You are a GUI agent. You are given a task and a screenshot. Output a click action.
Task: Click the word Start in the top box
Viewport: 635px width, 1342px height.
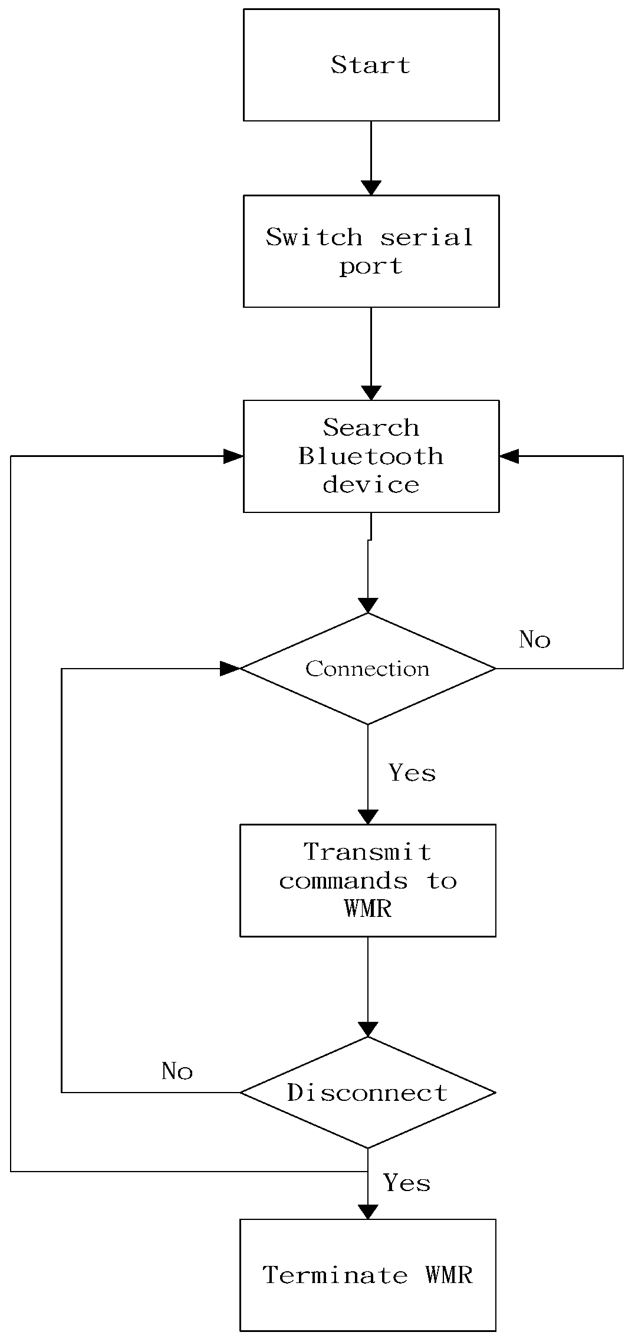click(370, 65)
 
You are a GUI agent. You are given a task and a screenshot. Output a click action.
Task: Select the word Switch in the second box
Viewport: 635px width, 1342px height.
click(314, 237)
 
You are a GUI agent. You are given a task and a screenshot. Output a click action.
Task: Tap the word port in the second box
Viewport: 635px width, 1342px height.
click(371, 266)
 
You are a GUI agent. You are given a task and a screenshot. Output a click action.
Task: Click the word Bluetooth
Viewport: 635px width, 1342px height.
click(371, 456)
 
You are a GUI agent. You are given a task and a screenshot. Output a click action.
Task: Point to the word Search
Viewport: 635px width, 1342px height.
click(371, 427)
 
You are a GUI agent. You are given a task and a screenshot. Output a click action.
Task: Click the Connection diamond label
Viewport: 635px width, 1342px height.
click(367, 669)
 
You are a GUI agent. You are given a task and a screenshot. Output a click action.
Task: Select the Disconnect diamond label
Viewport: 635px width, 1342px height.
click(367, 1093)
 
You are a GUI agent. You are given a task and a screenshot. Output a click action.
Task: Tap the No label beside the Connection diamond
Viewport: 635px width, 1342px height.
click(534, 640)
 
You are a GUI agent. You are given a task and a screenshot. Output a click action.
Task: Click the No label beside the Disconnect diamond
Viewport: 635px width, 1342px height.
click(177, 1071)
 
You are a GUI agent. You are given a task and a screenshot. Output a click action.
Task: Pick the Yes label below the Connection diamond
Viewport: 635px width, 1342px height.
click(412, 772)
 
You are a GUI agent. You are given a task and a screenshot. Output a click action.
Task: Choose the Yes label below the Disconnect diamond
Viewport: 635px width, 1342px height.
click(407, 1183)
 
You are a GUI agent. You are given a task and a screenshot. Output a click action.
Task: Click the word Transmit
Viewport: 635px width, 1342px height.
click(367, 852)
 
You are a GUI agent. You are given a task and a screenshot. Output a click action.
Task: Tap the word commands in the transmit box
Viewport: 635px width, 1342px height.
click(343, 881)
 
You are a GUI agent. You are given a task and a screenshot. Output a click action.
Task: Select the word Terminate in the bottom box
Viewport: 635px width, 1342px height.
click(335, 1275)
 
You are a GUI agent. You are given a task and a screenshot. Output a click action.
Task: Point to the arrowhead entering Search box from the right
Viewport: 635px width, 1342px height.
click(508, 456)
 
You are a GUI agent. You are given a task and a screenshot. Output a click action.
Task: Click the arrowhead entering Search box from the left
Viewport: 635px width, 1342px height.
click(234, 456)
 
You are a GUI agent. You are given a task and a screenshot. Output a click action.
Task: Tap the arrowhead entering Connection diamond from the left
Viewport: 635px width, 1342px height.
click(231, 669)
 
